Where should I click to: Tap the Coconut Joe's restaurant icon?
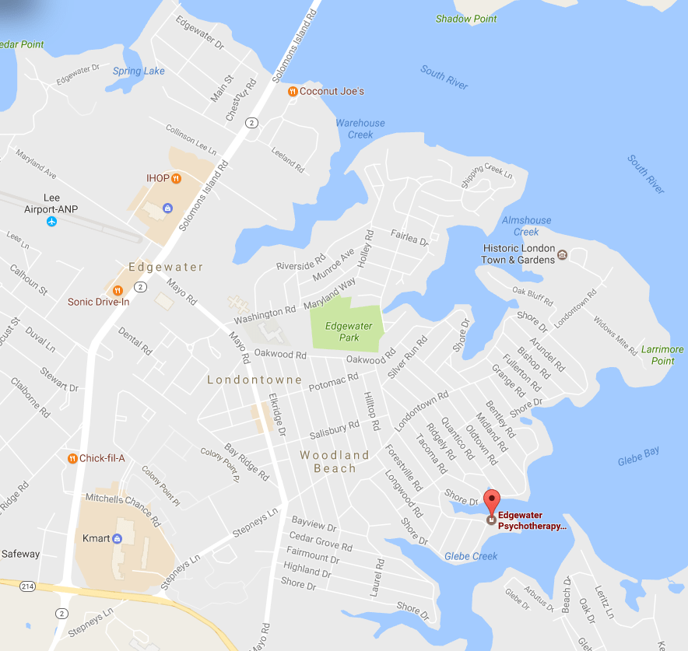292,92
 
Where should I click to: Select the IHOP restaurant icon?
177,178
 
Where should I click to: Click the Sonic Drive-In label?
98,302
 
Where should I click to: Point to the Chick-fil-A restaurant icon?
72,458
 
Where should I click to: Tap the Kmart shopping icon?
118,538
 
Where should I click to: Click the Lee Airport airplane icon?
51,222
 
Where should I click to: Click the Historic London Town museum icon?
563,254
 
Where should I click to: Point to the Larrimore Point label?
662,355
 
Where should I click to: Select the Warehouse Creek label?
360,128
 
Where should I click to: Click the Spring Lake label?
139,72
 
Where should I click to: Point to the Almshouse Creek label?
526,226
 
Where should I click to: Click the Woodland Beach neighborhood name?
335,462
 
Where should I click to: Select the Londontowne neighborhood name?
254,380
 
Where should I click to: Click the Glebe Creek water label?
471,556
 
